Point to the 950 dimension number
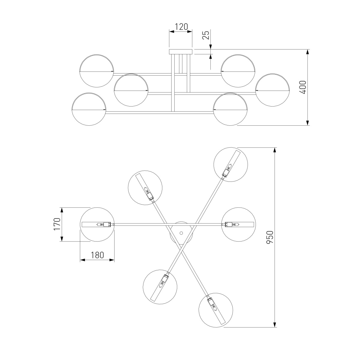pyautogui.click(x=270, y=237)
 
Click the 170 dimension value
pyautogui.click(x=57, y=224)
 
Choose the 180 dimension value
pyautogui.click(x=97, y=255)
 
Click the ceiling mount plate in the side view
pyautogui.click(x=181, y=52)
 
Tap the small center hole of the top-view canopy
pyautogui.click(x=181, y=233)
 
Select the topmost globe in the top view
pyautogui.click(x=231, y=164)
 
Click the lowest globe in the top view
pyautogui.click(x=216, y=310)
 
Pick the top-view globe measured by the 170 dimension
pyautogui.click(x=97, y=224)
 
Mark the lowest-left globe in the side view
pyautogui.click(x=89, y=109)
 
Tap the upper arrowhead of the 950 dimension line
pyautogui.click(x=274, y=150)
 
